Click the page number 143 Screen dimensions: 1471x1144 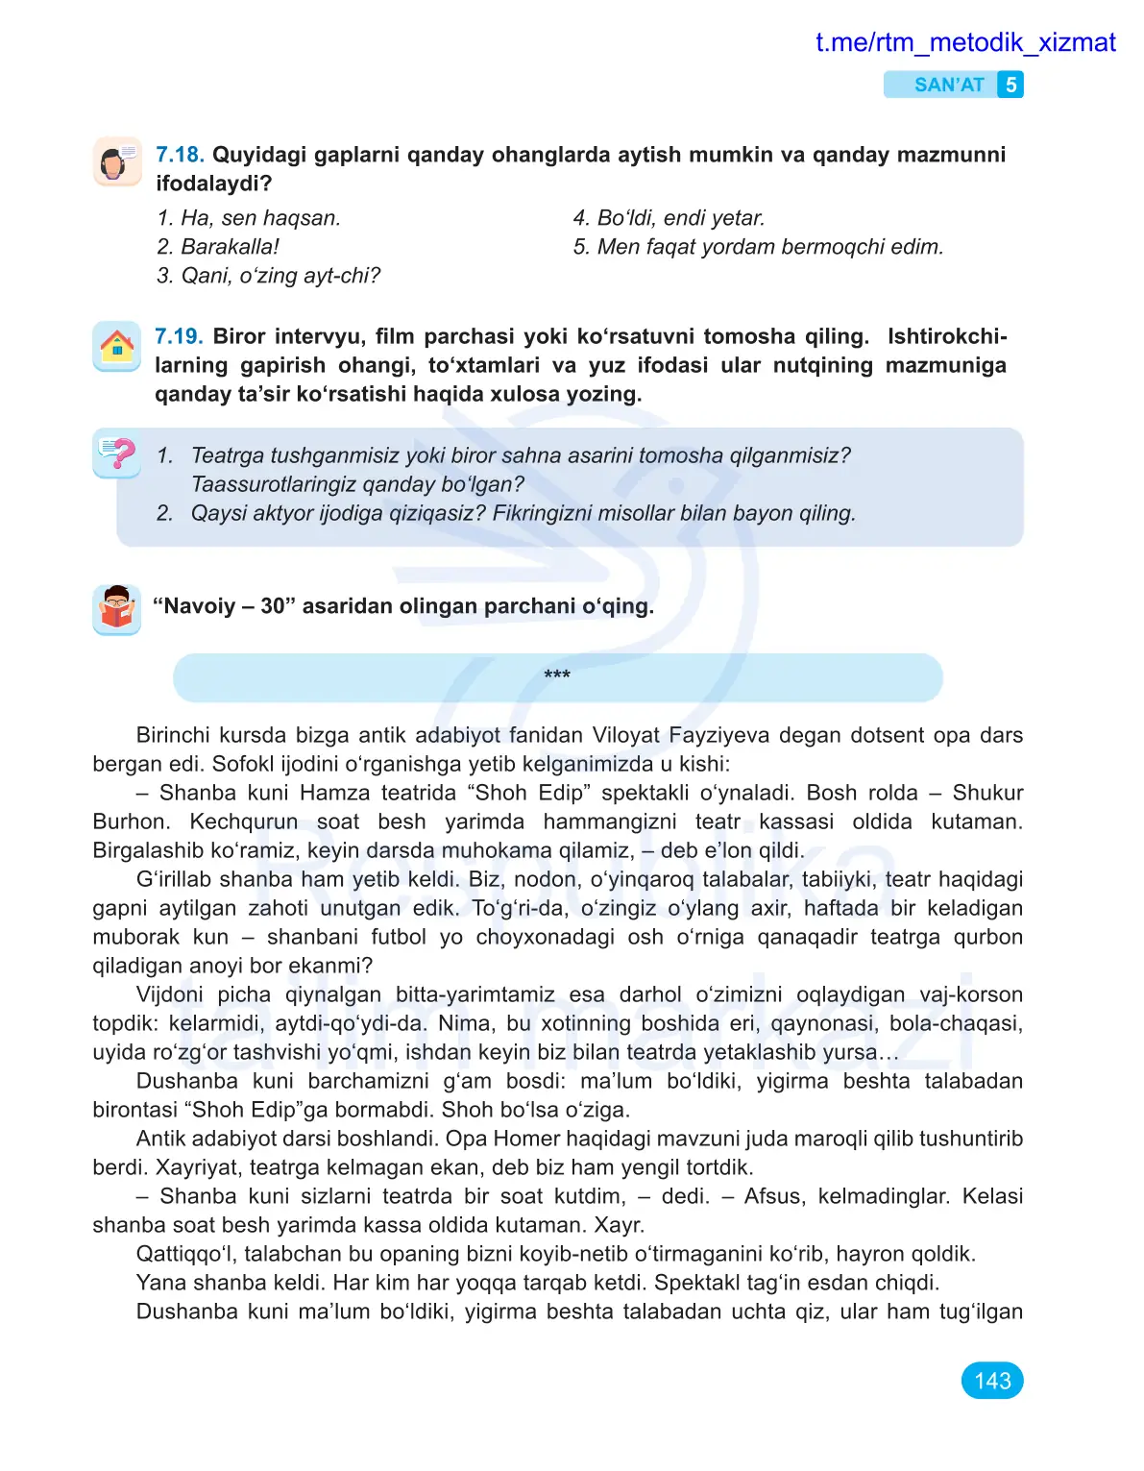(x=991, y=1381)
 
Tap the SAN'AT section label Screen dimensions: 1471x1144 (x=948, y=85)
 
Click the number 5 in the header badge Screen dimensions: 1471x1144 (x=1010, y=85)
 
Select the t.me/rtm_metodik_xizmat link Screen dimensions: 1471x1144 (x=964, y=42)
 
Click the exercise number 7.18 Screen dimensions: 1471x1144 (x=180, y=155)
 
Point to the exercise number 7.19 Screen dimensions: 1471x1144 (x=179, y=336)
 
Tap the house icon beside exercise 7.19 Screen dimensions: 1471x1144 (x=117, y=345)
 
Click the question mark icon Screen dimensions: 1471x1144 (x=117, y=454)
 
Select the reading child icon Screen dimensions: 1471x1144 (x=117, y=608)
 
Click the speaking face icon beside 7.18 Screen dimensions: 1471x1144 (x=117, y=160)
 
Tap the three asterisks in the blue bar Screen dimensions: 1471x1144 (x=557, y=675)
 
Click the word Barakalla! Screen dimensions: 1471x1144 (x=230, y=247)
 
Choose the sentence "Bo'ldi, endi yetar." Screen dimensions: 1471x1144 (x=680, y=218)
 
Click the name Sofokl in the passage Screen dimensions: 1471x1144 (x=243, y=764)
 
